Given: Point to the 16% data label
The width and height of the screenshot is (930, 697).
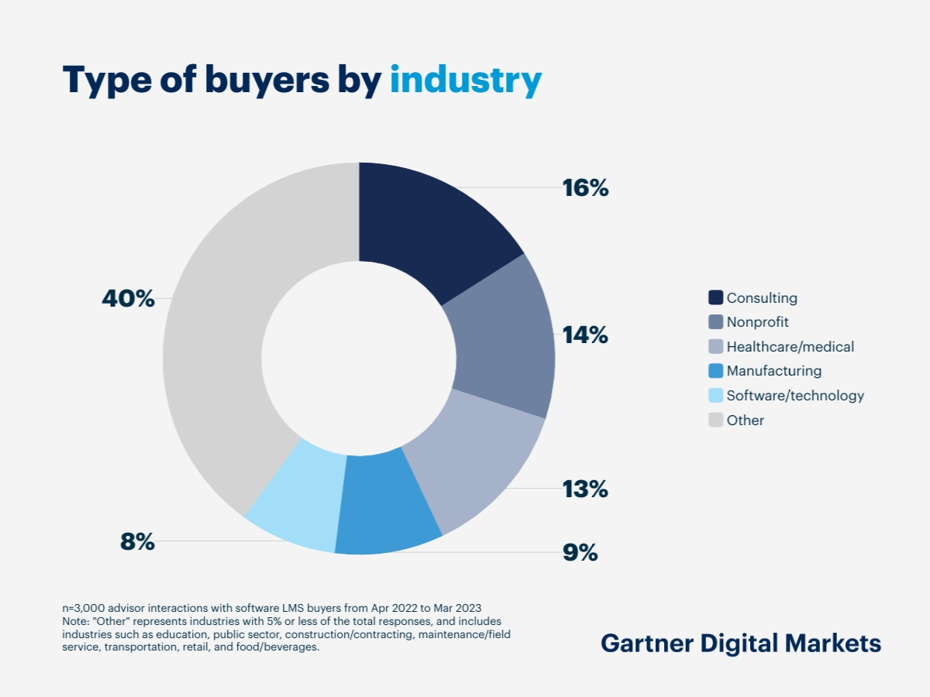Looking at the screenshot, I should (585, 188).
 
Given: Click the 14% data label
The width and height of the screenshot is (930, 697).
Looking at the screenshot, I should (585, 335).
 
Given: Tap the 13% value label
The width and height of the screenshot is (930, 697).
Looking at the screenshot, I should (585, 489).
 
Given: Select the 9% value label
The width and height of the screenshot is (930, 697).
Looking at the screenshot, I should (580, 553).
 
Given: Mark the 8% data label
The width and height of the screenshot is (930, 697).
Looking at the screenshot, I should (138, 542).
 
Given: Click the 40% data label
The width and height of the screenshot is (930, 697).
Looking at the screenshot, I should (129, 299).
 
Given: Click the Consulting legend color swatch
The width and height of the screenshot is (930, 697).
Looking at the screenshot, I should (715, 297).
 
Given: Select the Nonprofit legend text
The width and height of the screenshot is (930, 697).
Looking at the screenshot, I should (757, 322).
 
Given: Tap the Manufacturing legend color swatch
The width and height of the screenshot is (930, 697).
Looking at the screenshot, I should (715, 371).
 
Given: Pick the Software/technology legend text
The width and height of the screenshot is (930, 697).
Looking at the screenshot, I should (795, 396).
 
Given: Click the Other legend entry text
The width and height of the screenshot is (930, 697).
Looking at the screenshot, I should (746, 421).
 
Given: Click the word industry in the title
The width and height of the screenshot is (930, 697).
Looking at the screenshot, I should (465, 81).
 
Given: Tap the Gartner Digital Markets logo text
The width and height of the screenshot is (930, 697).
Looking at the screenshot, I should (741, 644).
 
